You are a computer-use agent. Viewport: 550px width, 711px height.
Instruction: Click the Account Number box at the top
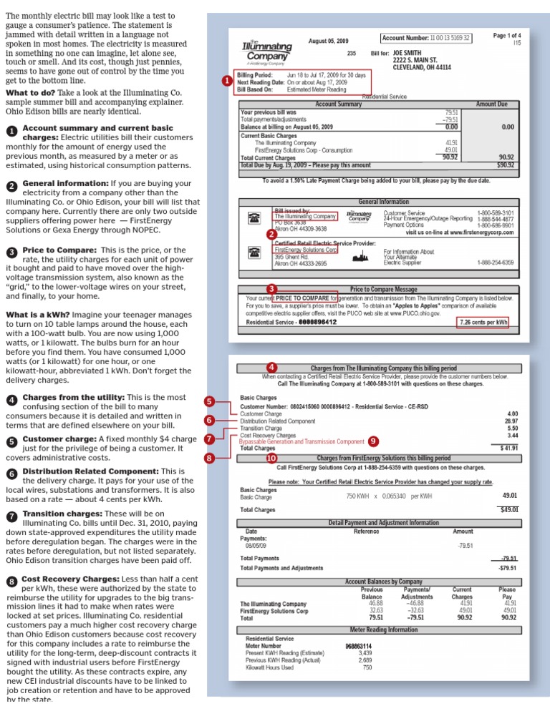point(426,37)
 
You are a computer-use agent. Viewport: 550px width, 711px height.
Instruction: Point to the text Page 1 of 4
point(507,35)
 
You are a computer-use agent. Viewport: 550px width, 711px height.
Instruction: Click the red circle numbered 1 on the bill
point(226,82)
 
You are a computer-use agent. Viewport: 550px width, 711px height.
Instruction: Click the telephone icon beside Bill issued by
point(253,218)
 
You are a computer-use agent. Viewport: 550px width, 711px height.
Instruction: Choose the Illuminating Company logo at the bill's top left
point(266,48)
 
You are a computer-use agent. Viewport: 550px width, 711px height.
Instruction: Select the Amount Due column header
point(491,104)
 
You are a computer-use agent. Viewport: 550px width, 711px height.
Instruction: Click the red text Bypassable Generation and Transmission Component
point(301,441)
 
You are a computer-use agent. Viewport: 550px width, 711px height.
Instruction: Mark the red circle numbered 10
point(271,457)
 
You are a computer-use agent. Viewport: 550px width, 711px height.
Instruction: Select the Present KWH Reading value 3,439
point(365,653)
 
